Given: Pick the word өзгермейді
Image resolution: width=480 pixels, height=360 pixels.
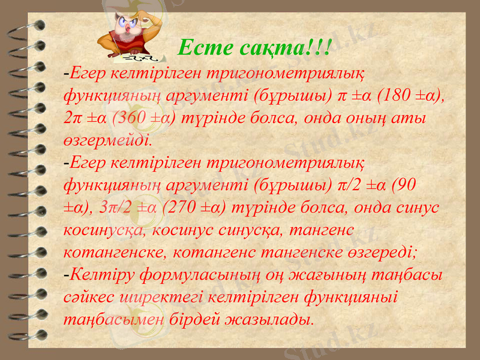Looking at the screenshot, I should coord(108,141).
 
